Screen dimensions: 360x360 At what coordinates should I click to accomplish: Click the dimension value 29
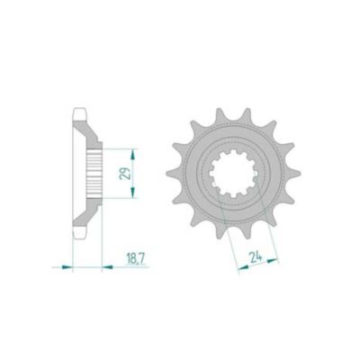[x=125, y=173]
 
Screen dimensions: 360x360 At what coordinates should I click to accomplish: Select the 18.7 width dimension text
[x=136, y=258]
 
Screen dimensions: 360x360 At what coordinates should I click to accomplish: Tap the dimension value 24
[x=256, y=257]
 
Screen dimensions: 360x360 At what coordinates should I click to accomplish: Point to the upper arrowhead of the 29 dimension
[x=133, y=155]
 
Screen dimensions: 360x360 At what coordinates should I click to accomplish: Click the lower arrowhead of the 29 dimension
[x=133, y=193]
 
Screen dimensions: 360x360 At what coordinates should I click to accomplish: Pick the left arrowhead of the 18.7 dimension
[x=67, y=266]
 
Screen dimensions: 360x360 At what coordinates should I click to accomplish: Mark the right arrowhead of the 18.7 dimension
[x=107, y=266]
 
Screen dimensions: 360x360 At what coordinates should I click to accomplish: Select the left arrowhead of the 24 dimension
[x=243, y=267]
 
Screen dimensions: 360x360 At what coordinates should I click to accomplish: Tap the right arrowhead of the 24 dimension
[x=273, y=260]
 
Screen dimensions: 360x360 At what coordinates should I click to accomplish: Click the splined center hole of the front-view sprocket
[x=233, y=174]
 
